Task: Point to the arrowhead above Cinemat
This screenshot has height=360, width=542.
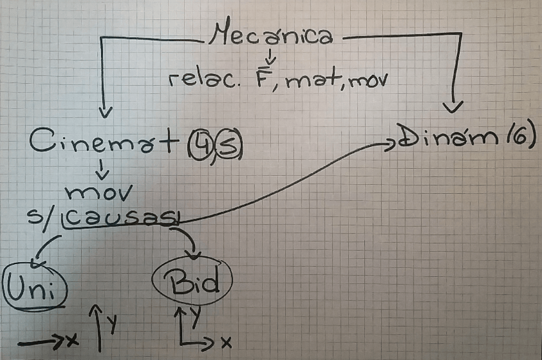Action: [105, 113]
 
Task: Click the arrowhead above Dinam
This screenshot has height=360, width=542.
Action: [453, 106]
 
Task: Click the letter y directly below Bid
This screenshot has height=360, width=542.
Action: [196, 313]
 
